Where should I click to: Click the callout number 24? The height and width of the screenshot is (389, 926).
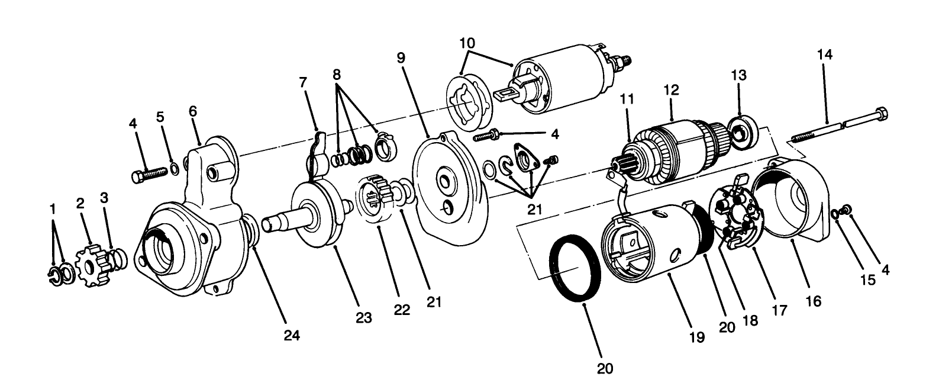pos(291,335)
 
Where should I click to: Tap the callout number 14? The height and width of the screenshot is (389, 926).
pos(825,54)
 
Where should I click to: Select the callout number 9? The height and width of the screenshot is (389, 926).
pos(401,58)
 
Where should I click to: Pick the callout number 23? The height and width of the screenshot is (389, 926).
pos(363,317)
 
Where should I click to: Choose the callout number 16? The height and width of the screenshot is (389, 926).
pos(813,301)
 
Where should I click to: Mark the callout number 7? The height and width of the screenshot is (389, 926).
pos(303,82)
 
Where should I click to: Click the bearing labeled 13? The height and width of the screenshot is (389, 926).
pos(741,130)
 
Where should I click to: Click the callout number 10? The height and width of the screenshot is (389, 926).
pos(467,43)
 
